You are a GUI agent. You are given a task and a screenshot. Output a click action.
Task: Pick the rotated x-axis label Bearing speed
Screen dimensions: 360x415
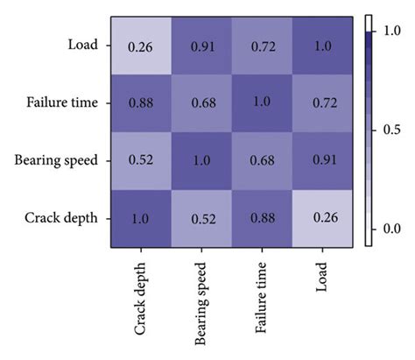point(202,300)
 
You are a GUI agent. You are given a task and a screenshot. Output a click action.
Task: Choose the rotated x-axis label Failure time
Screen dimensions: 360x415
point(261,295)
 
